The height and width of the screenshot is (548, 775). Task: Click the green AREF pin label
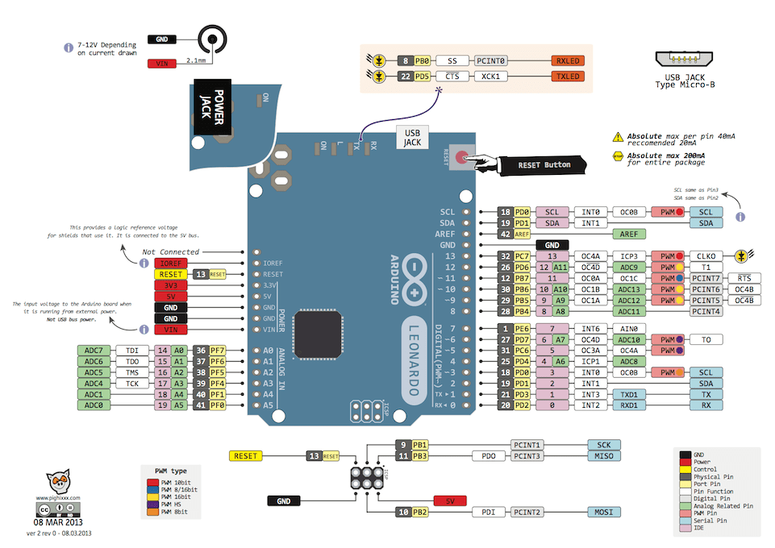(x=629, y=234)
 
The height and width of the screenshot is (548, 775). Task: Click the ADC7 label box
(x=94, y=351)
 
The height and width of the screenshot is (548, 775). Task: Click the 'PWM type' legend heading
(x=171, y=470)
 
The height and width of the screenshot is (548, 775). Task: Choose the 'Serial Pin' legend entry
(x=710, y=521)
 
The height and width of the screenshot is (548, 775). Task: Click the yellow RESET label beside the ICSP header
(x=246, y=456)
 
